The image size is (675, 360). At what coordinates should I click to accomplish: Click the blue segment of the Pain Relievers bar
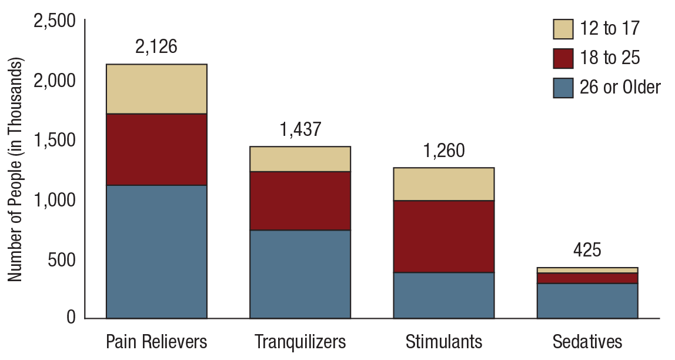156,251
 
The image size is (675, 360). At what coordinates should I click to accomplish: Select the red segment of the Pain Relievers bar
156,149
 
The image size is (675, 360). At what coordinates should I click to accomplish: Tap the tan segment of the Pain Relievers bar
156,89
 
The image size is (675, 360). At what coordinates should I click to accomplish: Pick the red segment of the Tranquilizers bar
300,201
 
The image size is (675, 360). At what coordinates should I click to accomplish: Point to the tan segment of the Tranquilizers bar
300,159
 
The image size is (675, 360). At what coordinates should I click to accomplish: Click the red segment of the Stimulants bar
443,236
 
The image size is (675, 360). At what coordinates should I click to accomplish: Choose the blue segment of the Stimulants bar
443,295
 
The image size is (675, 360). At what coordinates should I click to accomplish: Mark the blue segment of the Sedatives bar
587,301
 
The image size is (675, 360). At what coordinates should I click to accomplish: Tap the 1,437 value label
300,129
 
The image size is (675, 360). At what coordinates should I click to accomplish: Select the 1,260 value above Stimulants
444,151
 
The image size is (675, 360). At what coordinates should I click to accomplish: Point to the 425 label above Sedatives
587,250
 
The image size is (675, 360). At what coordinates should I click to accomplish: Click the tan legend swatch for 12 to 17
563,28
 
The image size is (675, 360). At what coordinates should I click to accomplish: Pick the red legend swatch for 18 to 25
563,58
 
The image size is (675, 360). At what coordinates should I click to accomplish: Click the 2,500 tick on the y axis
55,21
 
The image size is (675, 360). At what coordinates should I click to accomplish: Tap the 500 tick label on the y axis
62,259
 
